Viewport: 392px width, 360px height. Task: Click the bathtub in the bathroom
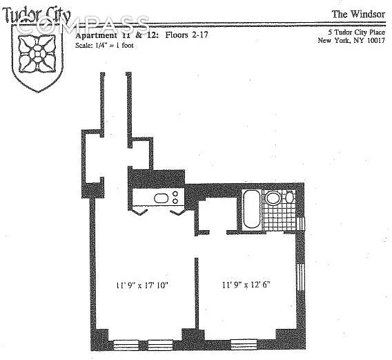click(252, 209)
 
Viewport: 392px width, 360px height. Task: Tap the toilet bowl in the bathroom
click(273, 198)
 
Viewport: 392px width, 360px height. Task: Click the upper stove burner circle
click(175, 193)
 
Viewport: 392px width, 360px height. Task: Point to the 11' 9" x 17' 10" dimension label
click(142, 285)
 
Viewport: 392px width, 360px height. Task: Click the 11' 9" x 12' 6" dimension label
click(246, 285)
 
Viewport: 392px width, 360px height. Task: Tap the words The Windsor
click(358, 14)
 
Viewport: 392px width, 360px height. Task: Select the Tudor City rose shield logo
click(37, 58)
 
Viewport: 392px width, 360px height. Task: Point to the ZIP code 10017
click(375, 40)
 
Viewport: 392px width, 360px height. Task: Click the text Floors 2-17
click(186, 35)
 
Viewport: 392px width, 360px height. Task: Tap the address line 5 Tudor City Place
click(357, 32)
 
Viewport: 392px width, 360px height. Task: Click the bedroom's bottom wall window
click(244, 344)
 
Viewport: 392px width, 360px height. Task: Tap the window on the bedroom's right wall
click(300, 277)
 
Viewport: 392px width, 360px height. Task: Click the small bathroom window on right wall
click(302, 224)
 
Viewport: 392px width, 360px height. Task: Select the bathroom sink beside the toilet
click(289, 197)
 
